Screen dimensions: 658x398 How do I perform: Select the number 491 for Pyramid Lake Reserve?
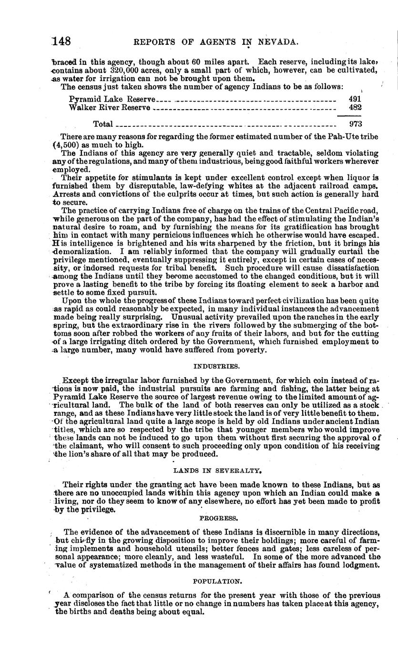coord(355,99)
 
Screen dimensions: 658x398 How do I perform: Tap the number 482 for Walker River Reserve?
coord(355,108)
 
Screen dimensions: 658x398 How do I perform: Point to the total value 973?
coord(355,124)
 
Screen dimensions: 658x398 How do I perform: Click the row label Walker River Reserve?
coord(110,108)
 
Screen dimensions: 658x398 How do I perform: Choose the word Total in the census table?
coord(103,124)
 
